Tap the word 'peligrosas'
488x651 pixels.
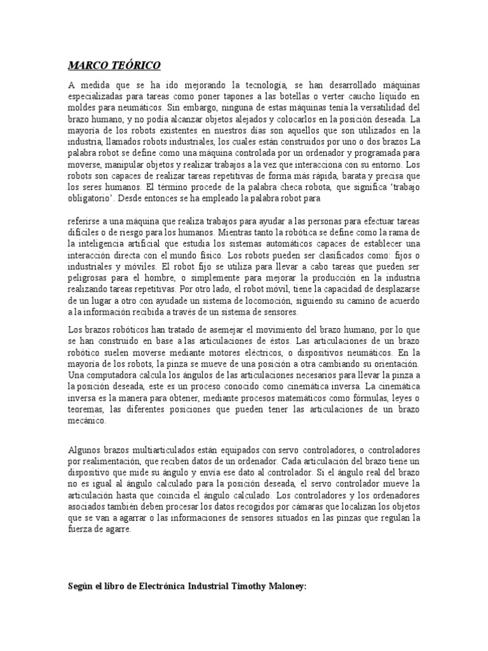[x=90, y=278]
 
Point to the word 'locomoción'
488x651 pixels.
[x=266, y=301]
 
